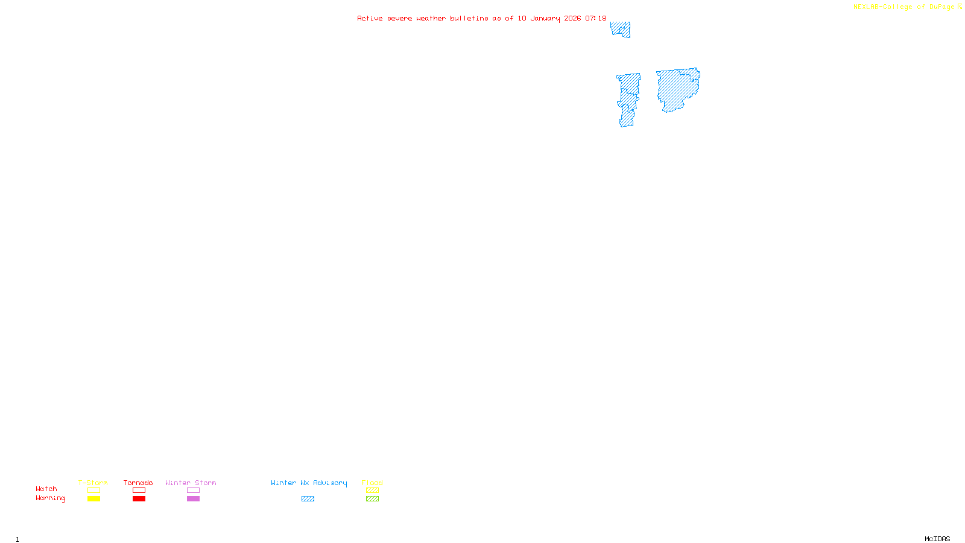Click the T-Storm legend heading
[x=93, y=483]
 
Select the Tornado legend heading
[x=138, y=483]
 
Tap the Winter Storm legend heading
[x=191, y=483]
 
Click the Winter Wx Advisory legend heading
[x=309, y=483]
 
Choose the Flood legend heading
[x=372, y=483]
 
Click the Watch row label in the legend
[x=46, y=489]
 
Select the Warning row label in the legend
[x=50, y=498]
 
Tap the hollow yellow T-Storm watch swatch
[x=93, y=491]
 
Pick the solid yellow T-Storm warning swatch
[x=93, y=499]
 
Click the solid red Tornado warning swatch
[x=139, y=499]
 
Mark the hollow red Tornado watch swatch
[x=139, y=491]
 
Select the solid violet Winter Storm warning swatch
[x=193, y=499]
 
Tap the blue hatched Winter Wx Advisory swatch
[x=308, y=499]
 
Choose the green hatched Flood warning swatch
[x=372, y=499]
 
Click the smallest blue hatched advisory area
[x=621, y=29]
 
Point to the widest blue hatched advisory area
[x=678, y=89]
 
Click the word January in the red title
[x=545, y=19]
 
